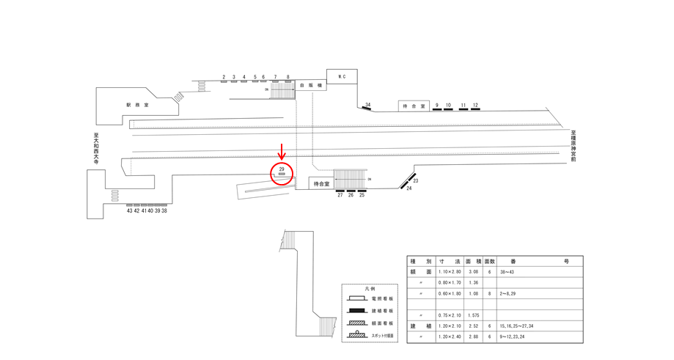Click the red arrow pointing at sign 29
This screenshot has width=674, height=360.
(x=282, y=152)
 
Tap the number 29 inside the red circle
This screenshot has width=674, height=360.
(x=282, y=169)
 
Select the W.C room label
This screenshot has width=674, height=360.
(x=341, y=76)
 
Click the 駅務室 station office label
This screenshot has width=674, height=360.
(x=137, y=105)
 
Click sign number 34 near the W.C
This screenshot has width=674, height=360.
(x=367, y=105)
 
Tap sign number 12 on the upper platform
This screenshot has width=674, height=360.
(x=475, y=106)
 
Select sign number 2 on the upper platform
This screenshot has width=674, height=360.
(x=223, y=76)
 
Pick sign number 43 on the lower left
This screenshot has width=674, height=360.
(x=129, y=210)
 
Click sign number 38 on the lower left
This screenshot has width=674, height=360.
(x=164, y=210)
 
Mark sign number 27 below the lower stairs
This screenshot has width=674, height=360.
(x=340, y=195)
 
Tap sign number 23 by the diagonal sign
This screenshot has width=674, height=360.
(x=416, y=180)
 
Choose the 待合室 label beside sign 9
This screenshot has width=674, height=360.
(x=414, y=106)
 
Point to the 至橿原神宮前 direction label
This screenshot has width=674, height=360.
(x=574, y=146)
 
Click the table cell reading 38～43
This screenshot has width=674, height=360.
(x=507, y=271)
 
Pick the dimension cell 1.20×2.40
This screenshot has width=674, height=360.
(x=449, y=337)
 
